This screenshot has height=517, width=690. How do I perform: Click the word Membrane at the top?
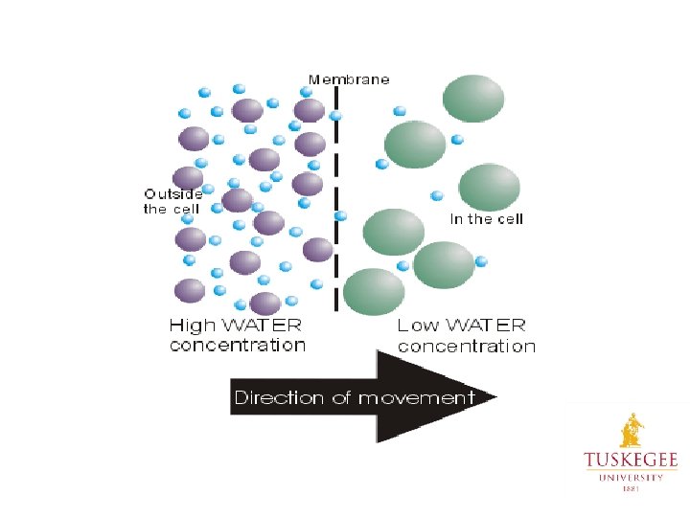point(349,79)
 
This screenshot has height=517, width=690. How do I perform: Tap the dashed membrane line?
point(336,191)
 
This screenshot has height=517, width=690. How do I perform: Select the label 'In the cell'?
point(487,219)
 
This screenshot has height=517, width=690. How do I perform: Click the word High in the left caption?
point(192,326)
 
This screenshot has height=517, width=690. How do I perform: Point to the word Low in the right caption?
point(419,326)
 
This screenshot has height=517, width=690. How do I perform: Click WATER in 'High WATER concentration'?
point(262,326)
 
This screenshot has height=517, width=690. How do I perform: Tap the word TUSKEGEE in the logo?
point(631,461)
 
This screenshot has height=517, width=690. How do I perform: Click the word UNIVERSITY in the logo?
point(631,476)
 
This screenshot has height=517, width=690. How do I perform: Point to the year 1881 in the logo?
point(631,487)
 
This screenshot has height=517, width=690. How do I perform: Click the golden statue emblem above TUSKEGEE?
point(632,430)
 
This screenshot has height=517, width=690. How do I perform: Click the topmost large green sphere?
point(473,98)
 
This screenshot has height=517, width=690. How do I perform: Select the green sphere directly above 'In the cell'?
point(489,188)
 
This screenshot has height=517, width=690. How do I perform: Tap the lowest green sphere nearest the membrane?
point(374,291)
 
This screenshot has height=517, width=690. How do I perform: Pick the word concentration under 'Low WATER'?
point(467,346)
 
